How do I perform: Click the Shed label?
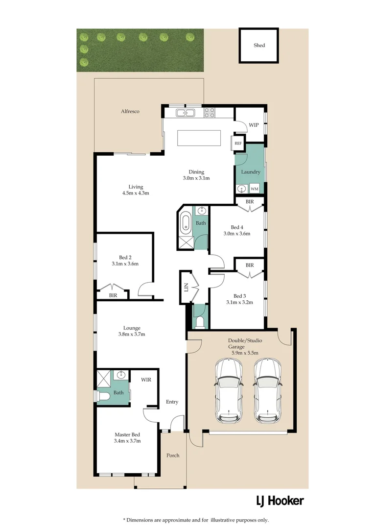tap(259, 46)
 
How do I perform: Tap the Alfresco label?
tap(130, 112)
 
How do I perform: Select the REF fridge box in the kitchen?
tap(238, 144)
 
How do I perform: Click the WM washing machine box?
tap(255, 189)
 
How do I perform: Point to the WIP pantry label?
tap(254, 125)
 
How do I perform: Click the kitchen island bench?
tap(199, 138)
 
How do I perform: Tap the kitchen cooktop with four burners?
tap(210, 113)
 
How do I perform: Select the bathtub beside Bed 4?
tap(186, 223)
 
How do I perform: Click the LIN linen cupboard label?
tap(186, 288)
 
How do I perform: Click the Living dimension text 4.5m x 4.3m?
tap(136, 193)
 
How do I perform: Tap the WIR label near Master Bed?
tap(146, 380)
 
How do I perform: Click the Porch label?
tap(173, 456)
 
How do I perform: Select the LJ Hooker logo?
tap(280, 501)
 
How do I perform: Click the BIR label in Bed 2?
tap(113, 295)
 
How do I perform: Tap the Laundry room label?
tap(251, 172)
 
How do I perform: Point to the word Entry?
tap(172, 402)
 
